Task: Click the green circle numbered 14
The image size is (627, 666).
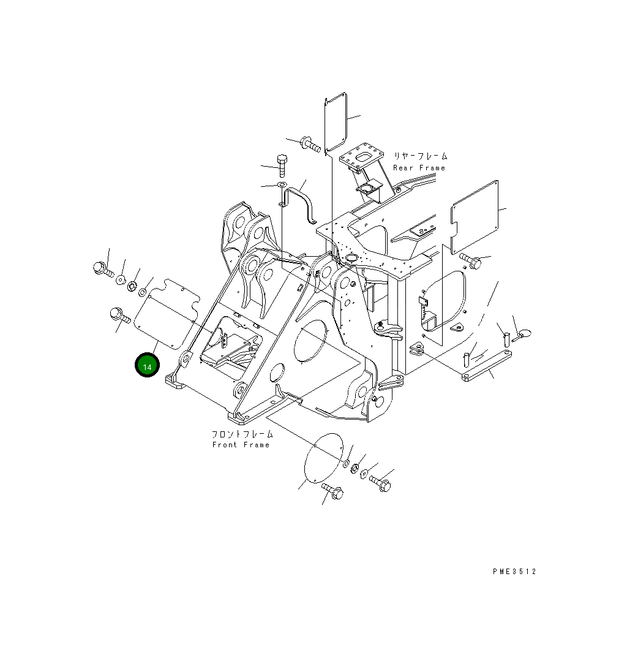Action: click(147, 366)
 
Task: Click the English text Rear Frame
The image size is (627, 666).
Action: click(419, 168)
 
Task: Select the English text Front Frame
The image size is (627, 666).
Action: click(241, 445)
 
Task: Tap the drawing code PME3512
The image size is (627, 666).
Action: click(514, 572)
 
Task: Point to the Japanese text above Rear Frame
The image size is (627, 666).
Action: click(420, 157)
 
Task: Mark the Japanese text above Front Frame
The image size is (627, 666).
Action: click(242, 434)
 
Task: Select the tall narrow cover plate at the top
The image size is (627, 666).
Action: click(335, 123)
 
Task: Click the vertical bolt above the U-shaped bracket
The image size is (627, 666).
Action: click(282, 165)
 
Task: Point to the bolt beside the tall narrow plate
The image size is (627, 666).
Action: click(310, 145)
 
